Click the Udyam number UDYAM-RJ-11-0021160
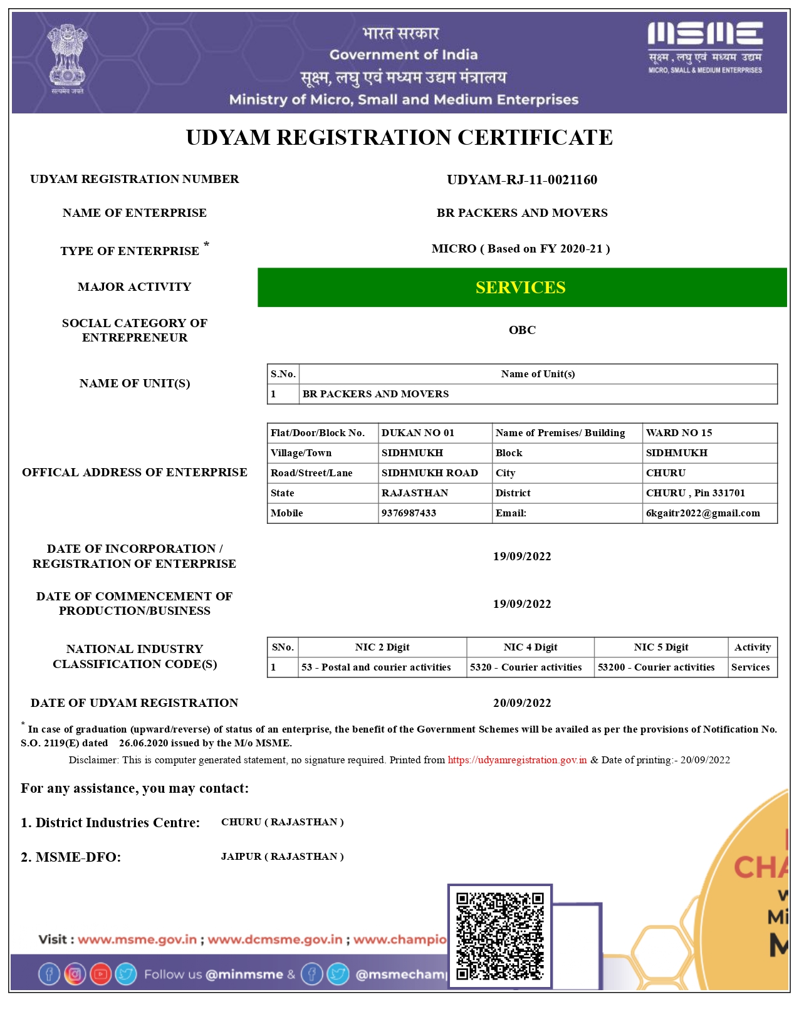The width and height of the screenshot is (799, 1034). (521, 180)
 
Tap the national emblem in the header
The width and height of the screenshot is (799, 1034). (67, 58)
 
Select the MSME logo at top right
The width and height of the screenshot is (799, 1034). (705, 47)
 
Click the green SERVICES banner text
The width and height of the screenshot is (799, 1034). (520, 288)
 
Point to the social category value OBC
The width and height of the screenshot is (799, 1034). (522, 330)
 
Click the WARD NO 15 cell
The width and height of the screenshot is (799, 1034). (679, 433)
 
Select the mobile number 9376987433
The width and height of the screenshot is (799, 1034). (409, 513)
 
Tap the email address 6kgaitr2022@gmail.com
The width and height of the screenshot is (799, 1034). (702, 513)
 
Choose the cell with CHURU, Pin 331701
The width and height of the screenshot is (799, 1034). (695, 493)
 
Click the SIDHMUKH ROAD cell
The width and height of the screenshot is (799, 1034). (429, 473)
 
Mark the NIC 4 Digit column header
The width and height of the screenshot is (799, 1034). (530, 647)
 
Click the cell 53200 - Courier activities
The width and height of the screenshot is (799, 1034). (655, 667)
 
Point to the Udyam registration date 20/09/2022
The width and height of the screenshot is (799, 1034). (522, 703)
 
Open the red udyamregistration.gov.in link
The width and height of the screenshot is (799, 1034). (517, 760)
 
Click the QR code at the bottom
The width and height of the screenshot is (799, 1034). (499, 936)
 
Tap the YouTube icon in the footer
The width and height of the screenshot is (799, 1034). (100, 974)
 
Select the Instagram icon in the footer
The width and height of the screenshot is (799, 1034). (75, 974)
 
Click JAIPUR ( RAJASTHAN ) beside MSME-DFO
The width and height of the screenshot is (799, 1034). (282, 857)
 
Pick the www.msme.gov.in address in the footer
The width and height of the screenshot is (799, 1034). (137, 939)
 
